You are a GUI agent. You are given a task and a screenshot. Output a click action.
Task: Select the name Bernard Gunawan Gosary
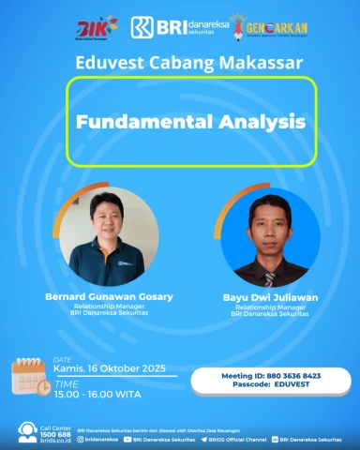pyautogui.click(x=110, y=296)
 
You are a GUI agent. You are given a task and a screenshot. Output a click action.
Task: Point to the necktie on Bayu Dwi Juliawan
pyautogui.click(x=269, y=278)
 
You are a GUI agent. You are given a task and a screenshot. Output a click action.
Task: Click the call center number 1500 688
pyautogui.click(x=57, y=434)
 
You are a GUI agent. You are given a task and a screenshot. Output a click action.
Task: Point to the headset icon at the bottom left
pyautogui.click(x=28, y=432)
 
